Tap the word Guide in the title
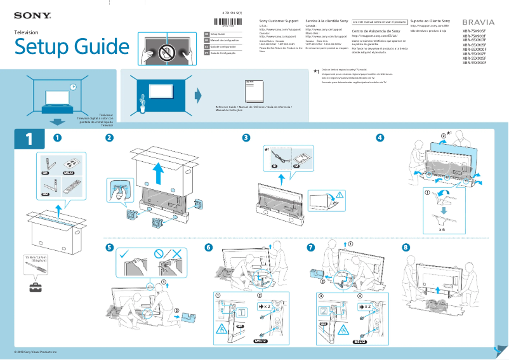(95, 46)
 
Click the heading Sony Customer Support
(279, 22)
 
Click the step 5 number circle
(110, 247)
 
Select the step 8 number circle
(406, 247)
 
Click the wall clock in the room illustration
(73, 87)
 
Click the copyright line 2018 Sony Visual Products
(37, 351)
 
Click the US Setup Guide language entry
(218, 33)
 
